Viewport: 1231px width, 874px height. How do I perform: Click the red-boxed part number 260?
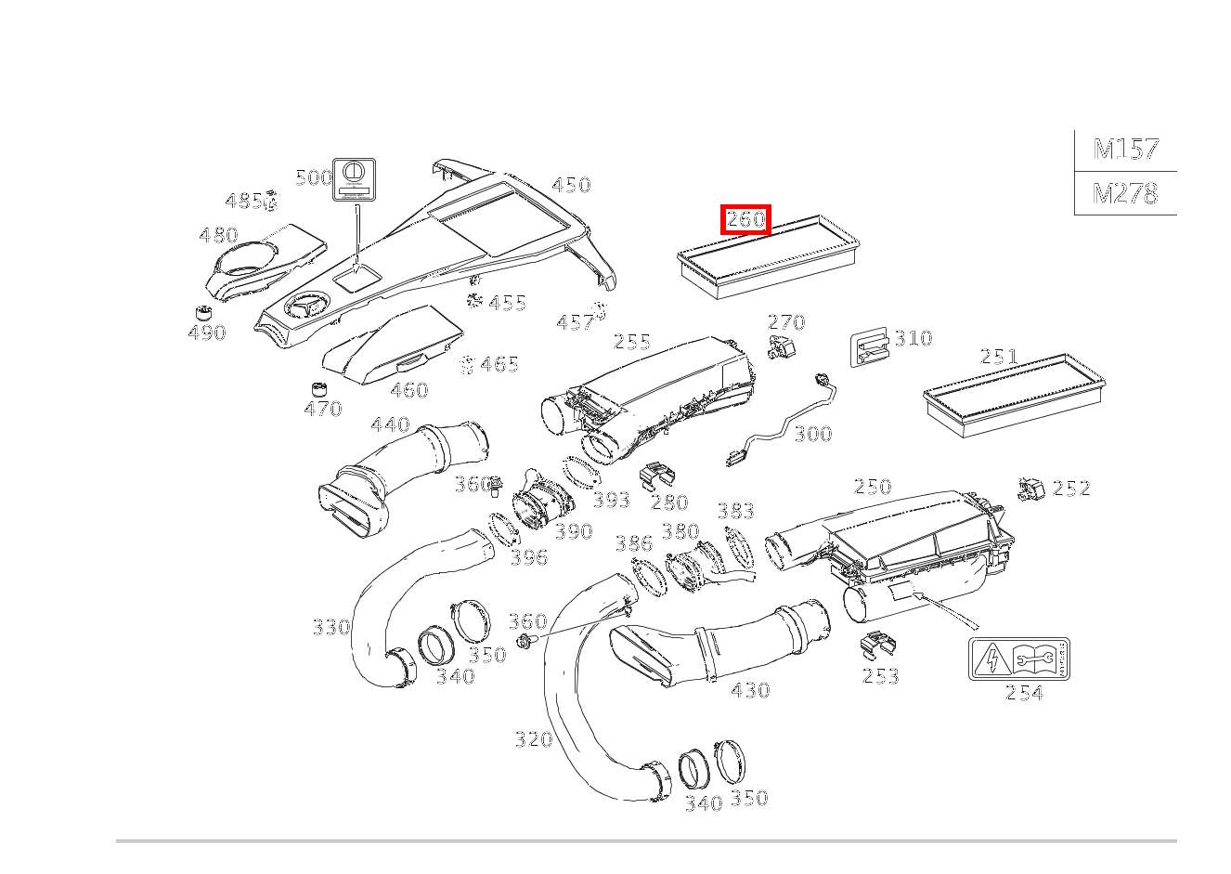click(746, 220)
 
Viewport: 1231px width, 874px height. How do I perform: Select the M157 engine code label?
click(1125, 149)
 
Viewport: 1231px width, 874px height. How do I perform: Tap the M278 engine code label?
click(1125, 193)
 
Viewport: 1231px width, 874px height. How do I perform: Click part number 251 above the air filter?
click(999, 357)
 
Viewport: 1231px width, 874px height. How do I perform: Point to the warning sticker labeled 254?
click(1018, 659)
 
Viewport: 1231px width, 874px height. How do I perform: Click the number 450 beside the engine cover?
click(571, 185)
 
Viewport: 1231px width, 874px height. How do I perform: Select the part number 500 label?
click(314, 177)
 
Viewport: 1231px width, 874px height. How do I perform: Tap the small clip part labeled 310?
click(870, 347)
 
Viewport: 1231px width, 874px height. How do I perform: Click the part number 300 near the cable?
click(813, 434)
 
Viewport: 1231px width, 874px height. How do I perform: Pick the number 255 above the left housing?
click(632, 342)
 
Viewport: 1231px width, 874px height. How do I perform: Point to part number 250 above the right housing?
click(873, 487)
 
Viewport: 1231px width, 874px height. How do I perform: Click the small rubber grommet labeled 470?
click(319, 387)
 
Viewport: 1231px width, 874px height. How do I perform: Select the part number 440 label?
click(390, 424)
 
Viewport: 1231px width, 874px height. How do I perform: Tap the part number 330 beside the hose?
click(331, 627)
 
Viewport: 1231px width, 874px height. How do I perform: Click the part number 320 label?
click(534, 739)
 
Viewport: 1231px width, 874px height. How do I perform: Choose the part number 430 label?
click(750, 690)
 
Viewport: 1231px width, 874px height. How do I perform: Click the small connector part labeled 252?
click(1030, 489)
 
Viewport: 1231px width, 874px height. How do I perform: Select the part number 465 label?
click(499, 364)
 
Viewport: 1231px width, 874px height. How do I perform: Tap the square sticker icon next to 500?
click(354, 177)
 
